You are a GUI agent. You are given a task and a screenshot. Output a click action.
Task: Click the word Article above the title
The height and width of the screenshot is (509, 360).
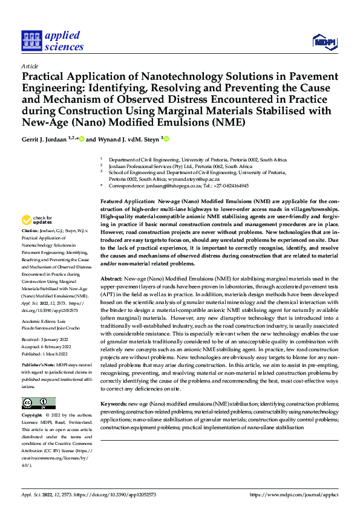pyautogui.click(x=30, y=66)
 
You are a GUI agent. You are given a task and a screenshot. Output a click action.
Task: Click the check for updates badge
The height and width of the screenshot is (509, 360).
pyautogui.click(x=36, y=221)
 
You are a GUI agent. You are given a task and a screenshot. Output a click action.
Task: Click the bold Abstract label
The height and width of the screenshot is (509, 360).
pyautogui.click(x=113, y=279)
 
